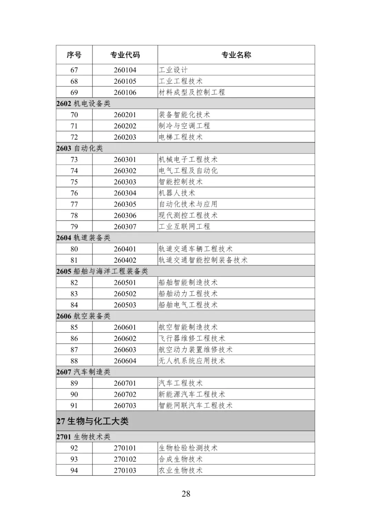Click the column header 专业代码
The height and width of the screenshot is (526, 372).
(125, 55)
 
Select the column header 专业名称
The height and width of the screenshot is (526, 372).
(236, 55)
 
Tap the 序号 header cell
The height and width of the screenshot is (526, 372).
(74, 55)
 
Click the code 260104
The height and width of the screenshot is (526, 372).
(125, 70)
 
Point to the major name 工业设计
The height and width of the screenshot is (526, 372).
(173, 70)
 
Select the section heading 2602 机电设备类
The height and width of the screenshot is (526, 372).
(83, 104)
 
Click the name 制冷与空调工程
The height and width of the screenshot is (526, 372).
(184, 126)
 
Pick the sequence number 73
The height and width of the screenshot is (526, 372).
(74, 159)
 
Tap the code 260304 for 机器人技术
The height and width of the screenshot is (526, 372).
(125, 193)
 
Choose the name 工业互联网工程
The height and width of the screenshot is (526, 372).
(184, 227)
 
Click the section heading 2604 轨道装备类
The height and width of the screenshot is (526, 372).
(83, 238)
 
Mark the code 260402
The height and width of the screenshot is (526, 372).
(125, 260)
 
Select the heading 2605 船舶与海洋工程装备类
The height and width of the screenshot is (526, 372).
(102, 271)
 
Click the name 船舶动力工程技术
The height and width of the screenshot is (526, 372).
(188, 294)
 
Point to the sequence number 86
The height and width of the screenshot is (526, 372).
(74, 339)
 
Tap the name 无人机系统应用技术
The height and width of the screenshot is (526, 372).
(192, 361)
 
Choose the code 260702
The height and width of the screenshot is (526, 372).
(125, 394)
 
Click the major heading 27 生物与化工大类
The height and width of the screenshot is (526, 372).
(92, 421)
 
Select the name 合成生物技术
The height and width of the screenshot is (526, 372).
(180, 459)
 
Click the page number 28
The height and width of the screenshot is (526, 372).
(186, 494)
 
